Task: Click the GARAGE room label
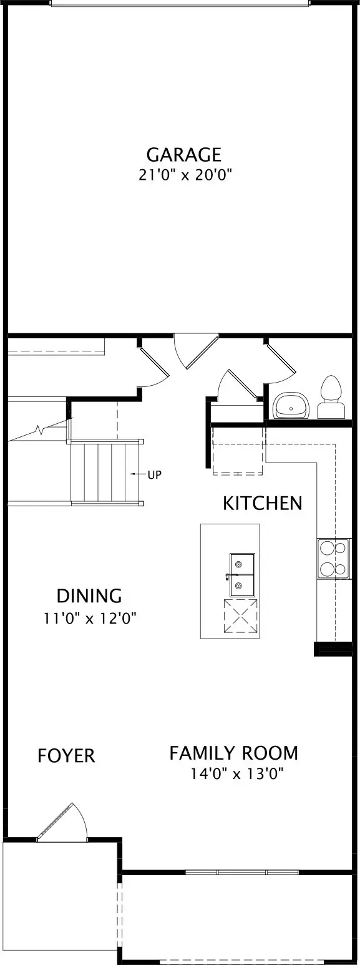coord(184,154)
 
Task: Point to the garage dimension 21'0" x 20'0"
coord(185,175)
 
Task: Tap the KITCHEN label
coord(263,503)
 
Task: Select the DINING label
coord(90,596)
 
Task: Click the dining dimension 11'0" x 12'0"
coord(90,619)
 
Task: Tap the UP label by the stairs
coord(155,475)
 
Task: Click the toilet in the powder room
coord(331,396)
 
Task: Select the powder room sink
coord(291,405)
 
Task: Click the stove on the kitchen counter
coord(333,558)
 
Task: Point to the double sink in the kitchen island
coord(242,575)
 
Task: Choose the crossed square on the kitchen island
coord(240,615)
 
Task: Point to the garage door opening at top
coord(180,4)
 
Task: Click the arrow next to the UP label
coord(138,474)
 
